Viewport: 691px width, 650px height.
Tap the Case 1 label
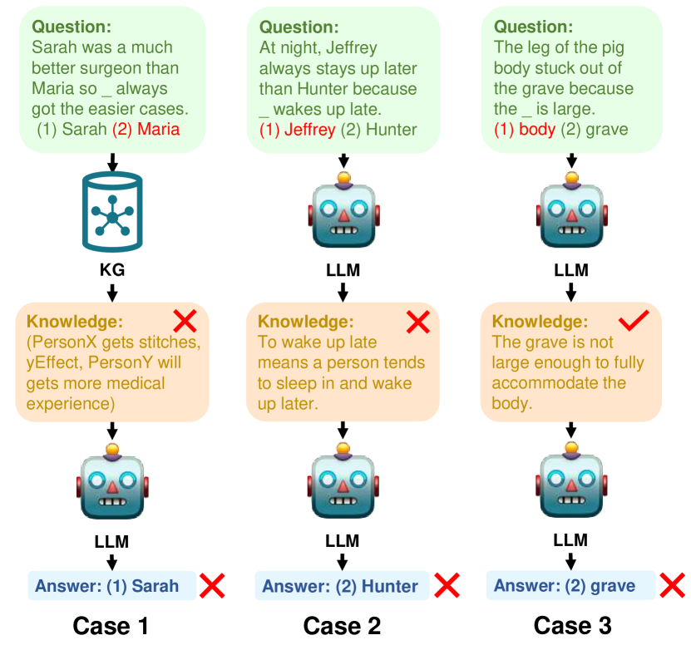point(111,625)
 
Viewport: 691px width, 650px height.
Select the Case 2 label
point(342,625)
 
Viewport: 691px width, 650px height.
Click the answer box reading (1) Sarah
point(112,586)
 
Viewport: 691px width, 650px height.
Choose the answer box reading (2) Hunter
point(341,586)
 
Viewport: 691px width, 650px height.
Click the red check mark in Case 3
point(633,323)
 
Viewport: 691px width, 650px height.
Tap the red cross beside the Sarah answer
point(212,585)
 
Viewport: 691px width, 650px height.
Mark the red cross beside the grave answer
point(673,585)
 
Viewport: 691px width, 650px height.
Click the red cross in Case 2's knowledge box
point(418,322)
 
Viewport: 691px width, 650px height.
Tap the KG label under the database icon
point(112,271)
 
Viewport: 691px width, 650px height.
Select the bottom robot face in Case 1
point(112,486)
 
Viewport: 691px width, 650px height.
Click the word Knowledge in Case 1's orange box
point(66,322)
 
